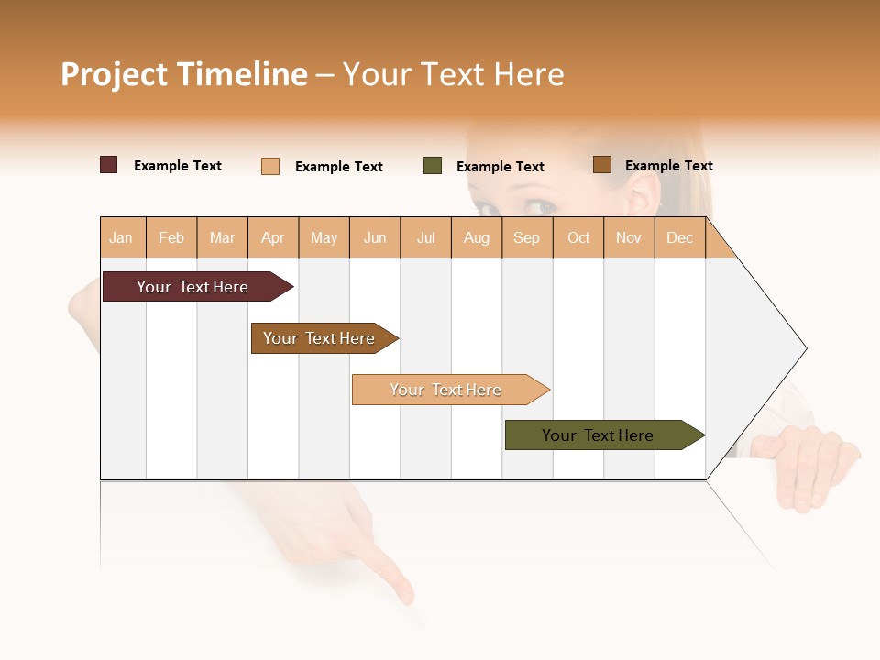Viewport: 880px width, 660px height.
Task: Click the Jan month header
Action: coord(122,237)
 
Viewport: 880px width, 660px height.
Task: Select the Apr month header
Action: coord(273,237)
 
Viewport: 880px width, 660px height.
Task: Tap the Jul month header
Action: coord(425,237)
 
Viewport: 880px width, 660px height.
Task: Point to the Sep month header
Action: coord(526,237)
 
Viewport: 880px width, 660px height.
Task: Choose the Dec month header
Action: coord(679,237)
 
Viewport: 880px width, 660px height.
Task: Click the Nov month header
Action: coord(628,237)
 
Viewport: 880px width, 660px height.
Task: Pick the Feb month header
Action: coord(171,237)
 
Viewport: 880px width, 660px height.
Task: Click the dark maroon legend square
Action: coord(109,165)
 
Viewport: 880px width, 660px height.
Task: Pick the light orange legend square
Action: coord(270,166)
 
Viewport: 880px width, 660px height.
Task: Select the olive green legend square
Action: coord(433,166)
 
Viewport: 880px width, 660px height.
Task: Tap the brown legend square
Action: coord(601,165)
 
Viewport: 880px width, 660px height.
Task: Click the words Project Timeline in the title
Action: coord(183,74)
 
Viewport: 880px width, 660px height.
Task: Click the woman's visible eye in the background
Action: coord(542,207)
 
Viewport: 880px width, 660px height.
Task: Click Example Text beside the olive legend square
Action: coord(500,167)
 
